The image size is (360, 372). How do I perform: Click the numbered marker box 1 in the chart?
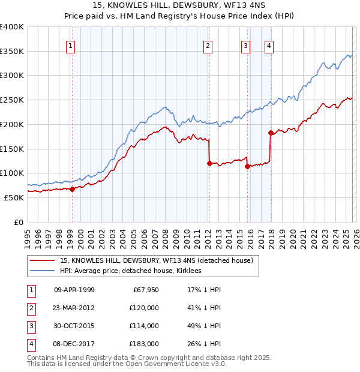point(71,46)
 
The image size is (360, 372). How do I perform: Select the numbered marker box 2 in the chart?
point(208,46)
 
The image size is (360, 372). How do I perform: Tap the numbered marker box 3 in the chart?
point(246,46)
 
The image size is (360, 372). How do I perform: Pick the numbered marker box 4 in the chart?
point(269,46)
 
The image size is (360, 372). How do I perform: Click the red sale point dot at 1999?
point(72,189)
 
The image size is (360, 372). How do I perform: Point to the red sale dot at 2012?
point(209,163)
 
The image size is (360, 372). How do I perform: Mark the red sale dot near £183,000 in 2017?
point(271,133)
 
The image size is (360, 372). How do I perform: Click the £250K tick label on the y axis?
point(13,100)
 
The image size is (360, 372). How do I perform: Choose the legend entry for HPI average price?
point(130,271)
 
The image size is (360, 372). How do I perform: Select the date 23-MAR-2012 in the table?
point(74,307)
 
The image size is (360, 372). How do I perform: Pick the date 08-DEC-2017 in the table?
point(74,344)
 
